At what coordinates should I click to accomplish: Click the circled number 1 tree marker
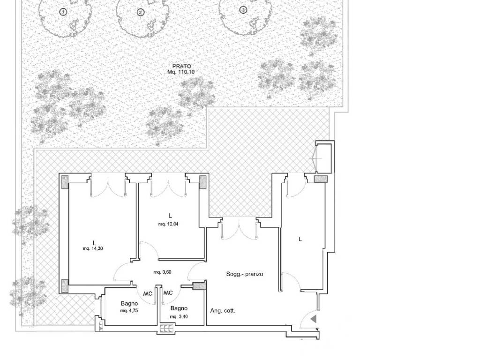[63, 12]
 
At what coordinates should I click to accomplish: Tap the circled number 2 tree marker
[141, 13]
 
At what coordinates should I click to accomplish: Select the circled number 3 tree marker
[243, 10]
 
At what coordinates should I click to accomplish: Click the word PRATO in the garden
[181, 66]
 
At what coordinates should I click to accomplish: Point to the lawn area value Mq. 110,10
[181, 72]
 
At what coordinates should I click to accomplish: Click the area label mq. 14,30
[93, 248]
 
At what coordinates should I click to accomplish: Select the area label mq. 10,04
[168, 224]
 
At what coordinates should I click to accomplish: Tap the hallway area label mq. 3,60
[162, 272]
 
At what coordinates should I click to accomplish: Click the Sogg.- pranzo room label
[245, 274]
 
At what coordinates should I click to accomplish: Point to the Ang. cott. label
[223, 311]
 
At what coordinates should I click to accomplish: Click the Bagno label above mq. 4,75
[129, 304]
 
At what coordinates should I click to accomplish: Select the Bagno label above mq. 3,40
[179, 308]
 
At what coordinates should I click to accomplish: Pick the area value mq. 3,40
[179, 317]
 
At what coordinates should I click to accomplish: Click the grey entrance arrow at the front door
[313, 319]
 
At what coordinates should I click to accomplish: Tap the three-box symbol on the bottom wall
[166, 329]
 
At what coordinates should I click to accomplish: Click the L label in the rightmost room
[300, 239]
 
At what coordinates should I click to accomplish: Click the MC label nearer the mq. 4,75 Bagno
[148, 294]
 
